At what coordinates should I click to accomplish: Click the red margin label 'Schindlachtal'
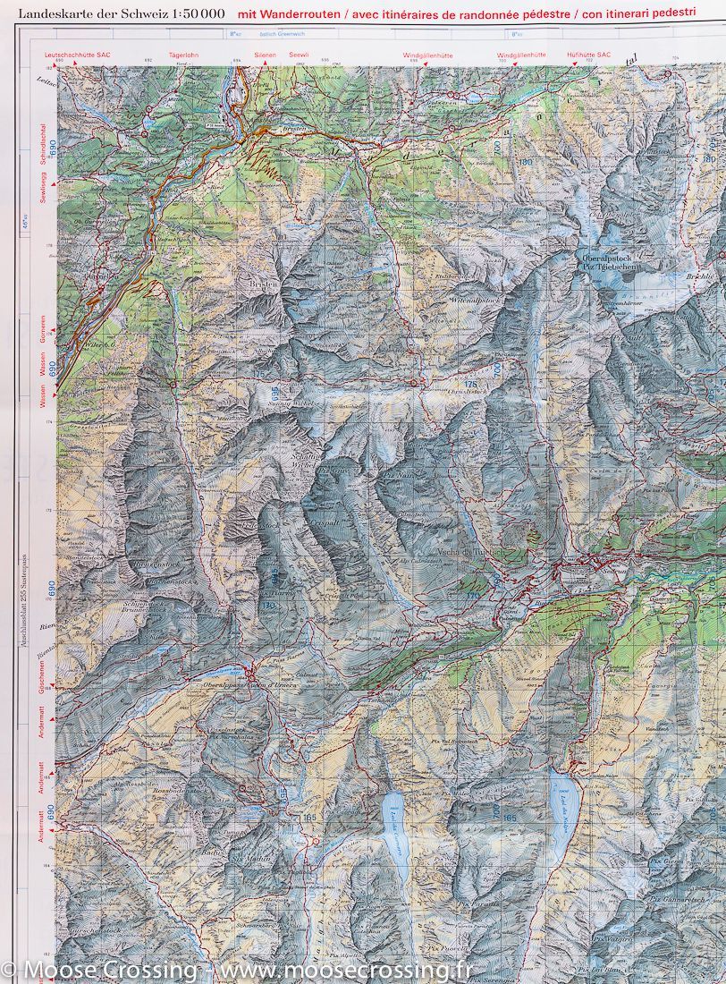42,154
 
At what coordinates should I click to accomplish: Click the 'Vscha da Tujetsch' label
465,552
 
